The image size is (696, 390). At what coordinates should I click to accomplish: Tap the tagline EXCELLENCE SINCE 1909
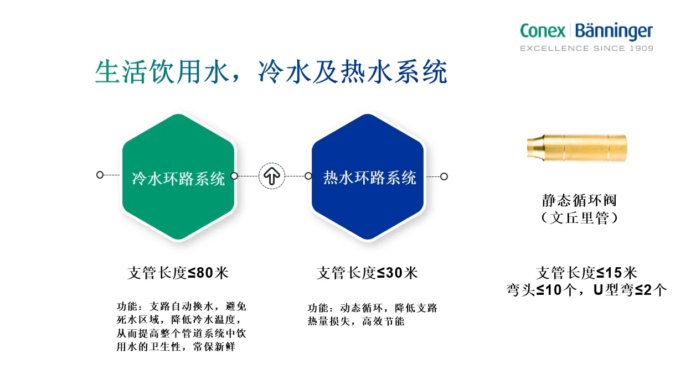pyautogui.click(x=586, y=48)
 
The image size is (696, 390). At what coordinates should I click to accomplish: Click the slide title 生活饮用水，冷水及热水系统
pyautogui.click(x=271, y=72)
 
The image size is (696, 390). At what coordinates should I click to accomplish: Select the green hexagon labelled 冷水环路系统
pyautogui.click(x=178, y=177)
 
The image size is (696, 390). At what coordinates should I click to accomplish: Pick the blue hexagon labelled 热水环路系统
pyautogui.click(x=369, y=177)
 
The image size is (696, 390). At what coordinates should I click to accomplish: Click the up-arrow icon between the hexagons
pyautogui.click(x=272, y=176)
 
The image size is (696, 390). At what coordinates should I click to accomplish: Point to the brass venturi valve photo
pyautogui.click(x=576, y=148)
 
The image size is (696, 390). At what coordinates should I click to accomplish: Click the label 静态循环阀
pyautogui.click(x=579, y=200)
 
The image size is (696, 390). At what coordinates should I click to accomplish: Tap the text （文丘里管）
pyautogui.click(x=579, y=218)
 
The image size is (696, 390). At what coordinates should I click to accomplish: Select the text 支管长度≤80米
pyautogui.click(x=178, y=273)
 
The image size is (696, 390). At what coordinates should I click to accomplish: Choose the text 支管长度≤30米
pyautogui.click(x=367, y=273)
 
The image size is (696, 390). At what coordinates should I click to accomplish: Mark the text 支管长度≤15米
pyautogui.click(x=586, y=273)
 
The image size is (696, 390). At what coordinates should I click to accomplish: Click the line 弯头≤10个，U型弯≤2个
pyautogui.click(x=586, y=290)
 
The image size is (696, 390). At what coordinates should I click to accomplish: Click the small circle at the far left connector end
pyautogui.click(x=100, y=175)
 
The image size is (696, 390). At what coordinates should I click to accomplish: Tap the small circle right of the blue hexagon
pyautogui.click(x=444, y=176)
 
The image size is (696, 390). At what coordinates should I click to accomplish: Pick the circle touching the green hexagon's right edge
pyautogui.click(x=234, y=176)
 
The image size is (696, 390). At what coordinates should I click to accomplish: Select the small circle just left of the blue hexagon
pyautogui.click(x=308, y=176)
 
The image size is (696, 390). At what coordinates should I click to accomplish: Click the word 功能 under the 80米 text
pyautogui.click(x=125, y=306)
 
